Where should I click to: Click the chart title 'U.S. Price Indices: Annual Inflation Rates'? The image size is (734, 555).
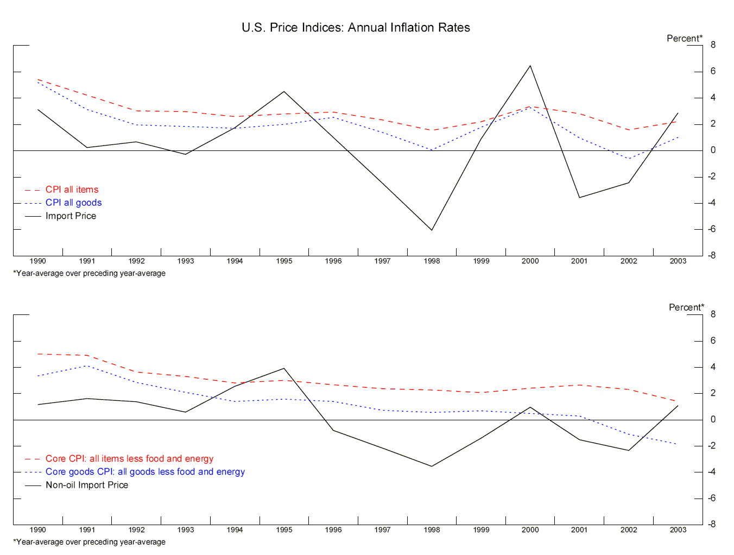(x=356, y=28)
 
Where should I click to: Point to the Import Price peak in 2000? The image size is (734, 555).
(x=530, y=66)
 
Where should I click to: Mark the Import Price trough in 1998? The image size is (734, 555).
(x=432, y=230)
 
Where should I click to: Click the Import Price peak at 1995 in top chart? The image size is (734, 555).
(x=284, y=92)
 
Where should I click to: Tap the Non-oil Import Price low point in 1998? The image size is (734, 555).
(x=432, y=466)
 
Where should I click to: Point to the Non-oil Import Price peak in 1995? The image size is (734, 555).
(x=284, y=369)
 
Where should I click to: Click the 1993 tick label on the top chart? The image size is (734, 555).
(x=186, y=261)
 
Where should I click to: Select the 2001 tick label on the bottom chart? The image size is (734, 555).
(x=579, y=530)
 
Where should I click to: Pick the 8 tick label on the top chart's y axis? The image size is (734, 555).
(x=713, y=45)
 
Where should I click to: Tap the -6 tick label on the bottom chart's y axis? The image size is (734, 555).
(x=711, y=498)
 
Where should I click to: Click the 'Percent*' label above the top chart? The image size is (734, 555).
(x=684, y=39)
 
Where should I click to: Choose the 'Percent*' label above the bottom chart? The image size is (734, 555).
(x=686, y=307)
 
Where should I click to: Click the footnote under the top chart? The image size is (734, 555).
(x=90, y=273)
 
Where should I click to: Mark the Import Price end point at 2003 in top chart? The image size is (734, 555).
(x=678, y=113)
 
